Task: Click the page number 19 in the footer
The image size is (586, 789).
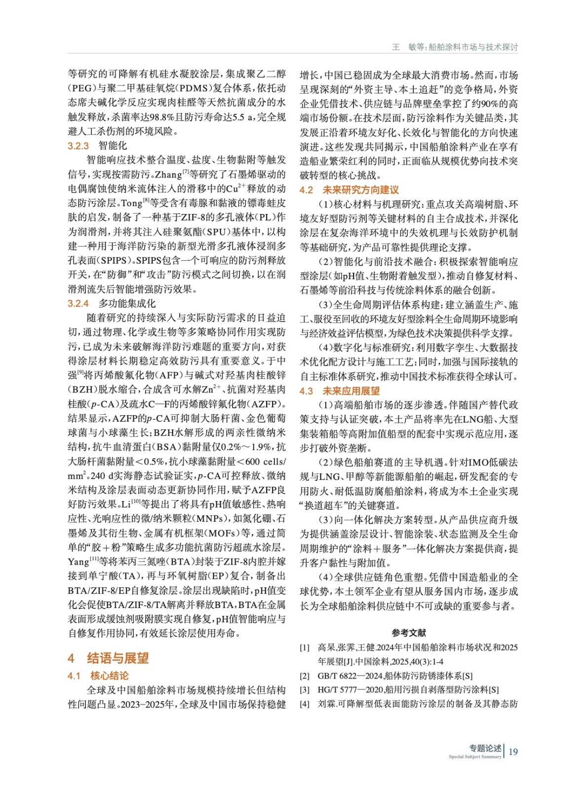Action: [x=513, y=752]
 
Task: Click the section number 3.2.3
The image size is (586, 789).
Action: [x=78, y=146]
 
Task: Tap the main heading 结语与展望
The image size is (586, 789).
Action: [x=117, y=658]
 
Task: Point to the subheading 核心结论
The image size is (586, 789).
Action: [x=109, y=676]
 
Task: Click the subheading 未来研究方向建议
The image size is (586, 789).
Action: [x=360, y=190]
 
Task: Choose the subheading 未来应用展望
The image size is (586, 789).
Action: [x=351, y=391]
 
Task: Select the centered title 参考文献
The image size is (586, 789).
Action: [x=409, y=633]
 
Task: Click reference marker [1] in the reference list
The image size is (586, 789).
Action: [x=305, y=647]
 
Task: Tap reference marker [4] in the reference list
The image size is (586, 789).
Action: [x=305, y=704]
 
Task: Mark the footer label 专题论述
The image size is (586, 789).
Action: [x=485, y=748]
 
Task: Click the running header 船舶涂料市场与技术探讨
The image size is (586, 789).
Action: [x=473, y=47]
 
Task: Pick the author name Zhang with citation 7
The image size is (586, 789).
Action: [x=168, y=175]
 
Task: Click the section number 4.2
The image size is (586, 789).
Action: [x=306, y=190]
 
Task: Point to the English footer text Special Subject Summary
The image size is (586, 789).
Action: [x=474, y=757]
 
